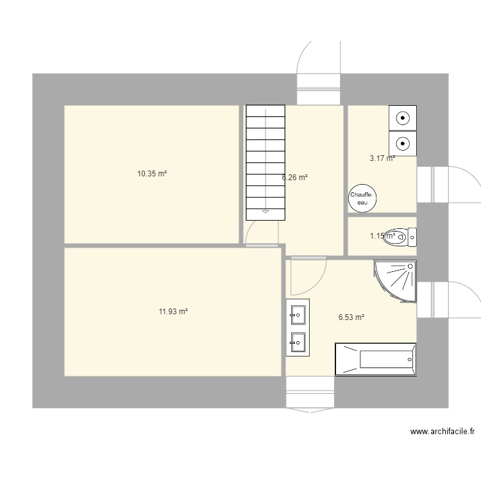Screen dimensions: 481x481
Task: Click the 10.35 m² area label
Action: point(152,173)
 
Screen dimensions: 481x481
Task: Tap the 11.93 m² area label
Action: point(173,312)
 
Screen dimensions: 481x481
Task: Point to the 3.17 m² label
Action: point(382,158)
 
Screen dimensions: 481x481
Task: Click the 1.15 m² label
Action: point(382,236)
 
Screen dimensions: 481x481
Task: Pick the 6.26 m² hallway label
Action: point(295,178)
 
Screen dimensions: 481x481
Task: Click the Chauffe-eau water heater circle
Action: point(363,198)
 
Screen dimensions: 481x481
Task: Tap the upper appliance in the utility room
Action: point(403,118)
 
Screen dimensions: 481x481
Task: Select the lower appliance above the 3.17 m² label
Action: point(403,142)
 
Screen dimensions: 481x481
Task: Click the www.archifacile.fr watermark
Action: point(442,432)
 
